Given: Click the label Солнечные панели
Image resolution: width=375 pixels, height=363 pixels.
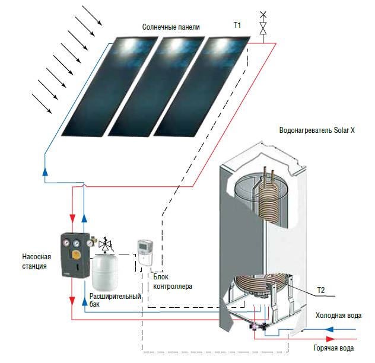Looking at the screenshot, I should tap(171, 27).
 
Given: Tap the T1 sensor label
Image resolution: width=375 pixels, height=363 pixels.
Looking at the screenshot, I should tap(237, 26).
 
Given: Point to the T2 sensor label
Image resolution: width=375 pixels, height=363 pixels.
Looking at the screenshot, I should tap(321, 289).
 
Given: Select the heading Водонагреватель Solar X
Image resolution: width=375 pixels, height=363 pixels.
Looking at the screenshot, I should tap(316, 130).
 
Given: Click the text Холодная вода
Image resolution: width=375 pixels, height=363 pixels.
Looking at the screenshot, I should tap(338, 315).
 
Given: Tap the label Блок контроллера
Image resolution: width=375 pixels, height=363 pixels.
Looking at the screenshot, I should tap(172, 281).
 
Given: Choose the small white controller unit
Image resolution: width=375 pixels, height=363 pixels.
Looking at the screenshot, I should tap(145, 250).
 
